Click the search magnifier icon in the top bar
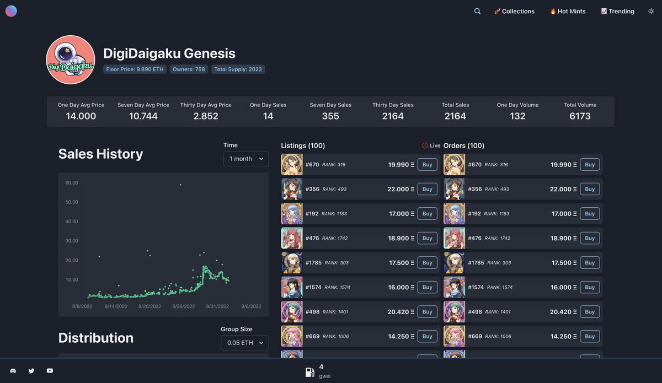point(477,11)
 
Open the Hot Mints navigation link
point(568,11)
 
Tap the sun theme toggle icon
point(651,11)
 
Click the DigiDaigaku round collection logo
point(71,60)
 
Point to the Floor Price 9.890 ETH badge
point(135,69)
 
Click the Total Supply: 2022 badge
point(238,69)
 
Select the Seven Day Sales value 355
point(330,116)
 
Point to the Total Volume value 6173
point(580,116)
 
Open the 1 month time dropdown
point(246,159)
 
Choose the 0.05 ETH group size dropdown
point(245,343)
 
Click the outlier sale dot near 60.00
point(180,185)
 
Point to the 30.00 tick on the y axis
point(72,241)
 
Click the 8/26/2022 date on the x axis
point(184,306)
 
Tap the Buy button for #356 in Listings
point(427,189)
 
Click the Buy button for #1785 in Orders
point(590,263)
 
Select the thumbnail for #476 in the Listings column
point(292,238)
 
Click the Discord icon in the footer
point(13,371)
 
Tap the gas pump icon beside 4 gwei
point(310,372)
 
